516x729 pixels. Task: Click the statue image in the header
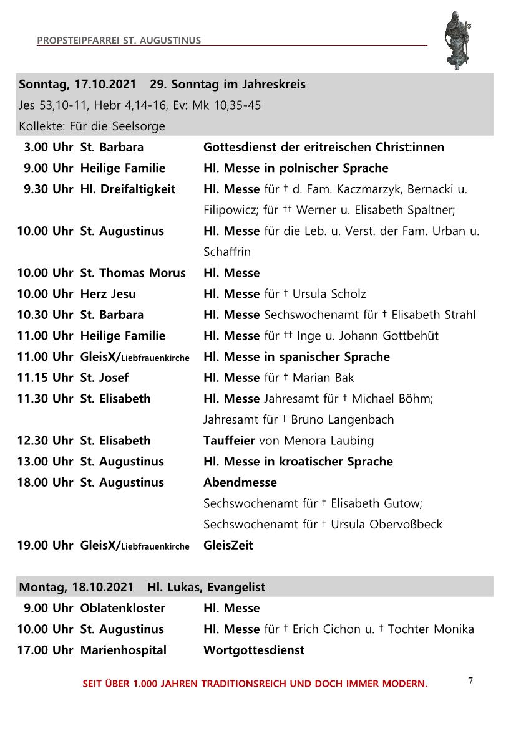(x=458, y=40)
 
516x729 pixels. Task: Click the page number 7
(x=470, y=681)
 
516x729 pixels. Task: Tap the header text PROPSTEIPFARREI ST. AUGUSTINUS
(x=119, y=40)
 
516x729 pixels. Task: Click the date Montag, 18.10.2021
(x=76, y=587)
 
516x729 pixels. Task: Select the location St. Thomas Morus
(x=133, y=273)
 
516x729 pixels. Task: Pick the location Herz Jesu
(x=108, y=294)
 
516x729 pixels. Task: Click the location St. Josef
(x=104, y=378)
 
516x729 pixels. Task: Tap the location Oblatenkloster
(x=123, y=608)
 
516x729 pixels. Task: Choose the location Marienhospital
(x=124, y=650)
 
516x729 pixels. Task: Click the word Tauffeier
(x=229, y=441)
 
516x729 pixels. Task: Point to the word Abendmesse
(x=240, y=482)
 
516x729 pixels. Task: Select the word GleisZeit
(x=228, y=545)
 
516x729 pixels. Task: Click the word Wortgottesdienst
(x=254, y=650)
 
